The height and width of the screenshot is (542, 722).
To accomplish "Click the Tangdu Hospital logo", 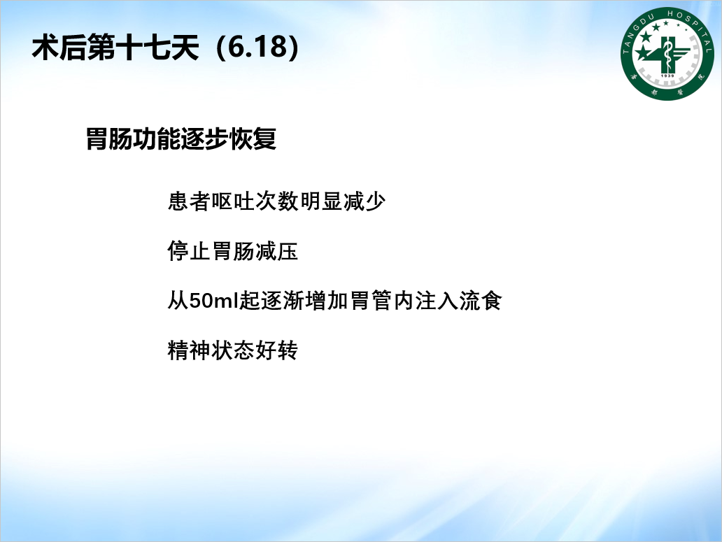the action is pyautogui.click(x=667, y=53).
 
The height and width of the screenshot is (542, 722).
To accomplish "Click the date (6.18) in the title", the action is pyautogui.click(x=257, y=48).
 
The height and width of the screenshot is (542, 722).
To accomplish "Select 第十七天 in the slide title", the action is pyautogui.click(x=143, y=48).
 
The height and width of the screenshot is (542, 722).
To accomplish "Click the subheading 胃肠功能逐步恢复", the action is pyautogui.click(x=181, y=138).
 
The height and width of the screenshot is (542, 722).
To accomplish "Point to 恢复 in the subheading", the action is pyautogui.click(x=253, y=138).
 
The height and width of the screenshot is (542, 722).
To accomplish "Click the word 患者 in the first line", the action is pyautogui.click(x=189, y=201).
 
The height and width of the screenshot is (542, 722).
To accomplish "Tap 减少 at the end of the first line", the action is pyautogui.click(x=364, y=201).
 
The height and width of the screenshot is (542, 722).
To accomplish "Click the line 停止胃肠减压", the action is pyautogui.click(x=232, y=251).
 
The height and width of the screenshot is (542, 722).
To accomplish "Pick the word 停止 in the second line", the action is pyautogui.click(x=189, y=251).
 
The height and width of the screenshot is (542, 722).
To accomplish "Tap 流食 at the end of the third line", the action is pyautogui.click(x=480, y=301).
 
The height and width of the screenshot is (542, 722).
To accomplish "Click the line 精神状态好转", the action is pyautogui.click(x=232, y=350).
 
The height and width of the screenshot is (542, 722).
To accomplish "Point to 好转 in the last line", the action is pyautogui.click(x=276, y=350).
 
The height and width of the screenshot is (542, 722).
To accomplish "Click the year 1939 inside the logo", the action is pyautogui.click(x=667, y=76).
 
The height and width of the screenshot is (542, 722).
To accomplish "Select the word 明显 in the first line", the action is pyautogui.click(x=320, y=201).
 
